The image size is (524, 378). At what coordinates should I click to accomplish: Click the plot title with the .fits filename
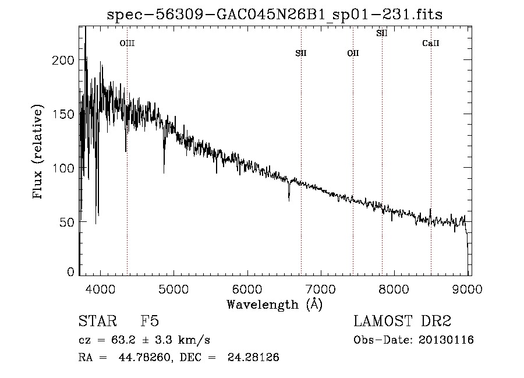point(274,15)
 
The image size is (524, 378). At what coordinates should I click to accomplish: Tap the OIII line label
point(127,43)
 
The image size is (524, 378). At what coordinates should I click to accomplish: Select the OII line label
point(353,54)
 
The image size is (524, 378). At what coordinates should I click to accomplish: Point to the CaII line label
point(431,44)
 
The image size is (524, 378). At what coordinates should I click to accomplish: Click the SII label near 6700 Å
point(300,54)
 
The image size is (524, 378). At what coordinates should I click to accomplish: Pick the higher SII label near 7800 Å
point(382,33)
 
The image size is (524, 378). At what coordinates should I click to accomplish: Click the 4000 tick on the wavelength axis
point(100,289)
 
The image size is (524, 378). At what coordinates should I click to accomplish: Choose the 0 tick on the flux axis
point(70,271)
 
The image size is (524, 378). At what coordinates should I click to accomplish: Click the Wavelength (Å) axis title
point(274,304)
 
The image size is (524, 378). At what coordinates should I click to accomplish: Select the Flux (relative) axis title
point(39,153)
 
